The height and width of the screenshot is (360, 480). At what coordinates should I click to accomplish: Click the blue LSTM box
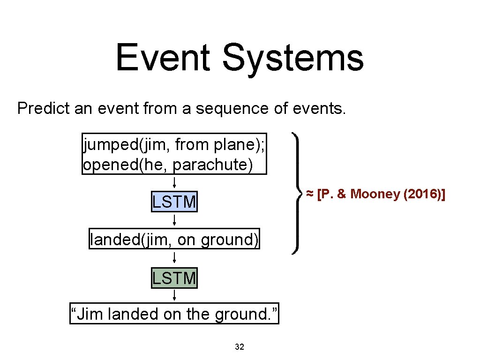coord(174,202)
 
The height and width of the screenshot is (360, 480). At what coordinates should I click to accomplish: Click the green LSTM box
coord(174,278)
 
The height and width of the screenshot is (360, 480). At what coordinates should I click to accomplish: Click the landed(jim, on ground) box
coord(174,240)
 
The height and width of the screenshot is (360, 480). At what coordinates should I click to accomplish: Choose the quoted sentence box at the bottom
coord(174,314)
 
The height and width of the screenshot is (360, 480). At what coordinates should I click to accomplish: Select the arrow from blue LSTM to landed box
coord(174,220)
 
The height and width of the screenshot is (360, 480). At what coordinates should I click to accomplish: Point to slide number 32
coord(240,347)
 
